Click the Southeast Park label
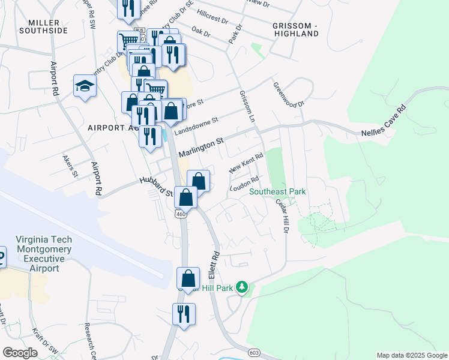pos(278,192)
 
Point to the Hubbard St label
pos(156,187)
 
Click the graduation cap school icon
pos(85,86)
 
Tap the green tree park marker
pos(242,287)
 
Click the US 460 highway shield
pos(181,213)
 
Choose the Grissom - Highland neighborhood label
pos(295,30)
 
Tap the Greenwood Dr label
pos(289,95)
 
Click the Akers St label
pos(70,167)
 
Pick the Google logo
pos(20,353)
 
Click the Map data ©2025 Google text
pos(411,355)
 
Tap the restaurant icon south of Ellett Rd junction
pos(184,314)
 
